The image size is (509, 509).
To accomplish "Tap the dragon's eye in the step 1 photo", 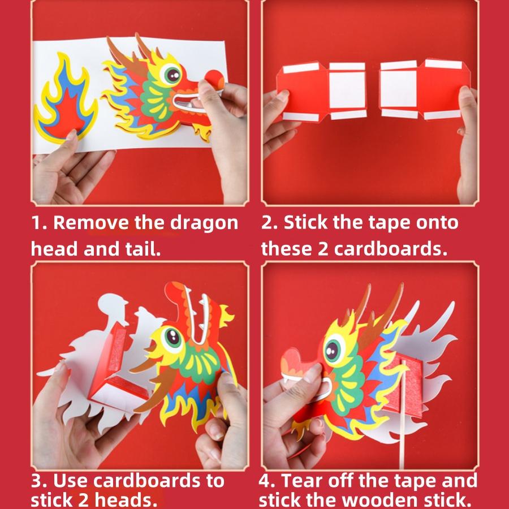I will (x=171, y=73).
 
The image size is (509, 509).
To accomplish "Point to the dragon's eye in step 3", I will (x=170, y=337).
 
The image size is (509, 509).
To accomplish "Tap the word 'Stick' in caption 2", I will (x=305, y=223).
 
